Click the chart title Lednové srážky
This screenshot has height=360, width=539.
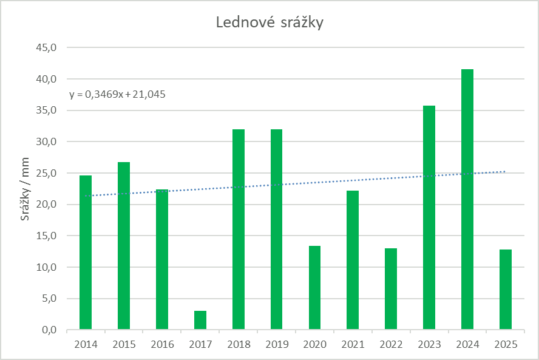point(269,23)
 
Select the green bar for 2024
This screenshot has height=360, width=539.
point(467,200)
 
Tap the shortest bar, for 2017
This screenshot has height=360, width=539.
point(200,320)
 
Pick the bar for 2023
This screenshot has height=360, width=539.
point(429,219)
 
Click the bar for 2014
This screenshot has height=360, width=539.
point(86,253)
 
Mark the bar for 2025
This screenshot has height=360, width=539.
point(506,290)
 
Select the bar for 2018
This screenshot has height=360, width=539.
point(239,229)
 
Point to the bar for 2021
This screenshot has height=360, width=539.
point(353,260)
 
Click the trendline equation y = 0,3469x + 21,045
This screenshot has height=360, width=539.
point(117,94)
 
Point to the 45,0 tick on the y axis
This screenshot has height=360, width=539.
point(46,47)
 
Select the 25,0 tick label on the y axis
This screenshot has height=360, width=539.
point(46,173)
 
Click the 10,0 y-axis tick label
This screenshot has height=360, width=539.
point(46,267)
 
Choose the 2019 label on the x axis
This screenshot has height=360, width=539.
point(277,345)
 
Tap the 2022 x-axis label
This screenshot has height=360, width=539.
point(391,345)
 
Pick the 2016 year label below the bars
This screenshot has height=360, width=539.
point(162,345)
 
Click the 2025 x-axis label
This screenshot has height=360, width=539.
point(506,345)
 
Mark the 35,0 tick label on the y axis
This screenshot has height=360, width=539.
point(46,110)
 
